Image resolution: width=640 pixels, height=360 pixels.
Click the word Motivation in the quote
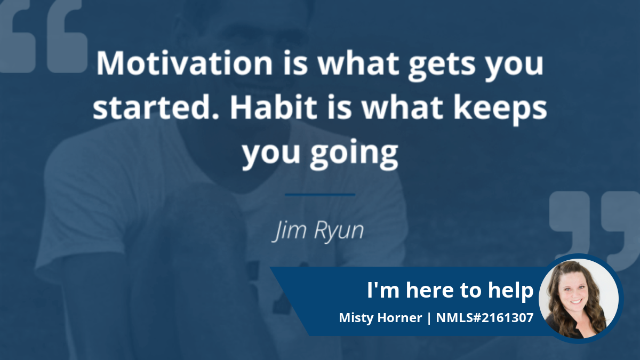pyautogui.click(x=185, y=63)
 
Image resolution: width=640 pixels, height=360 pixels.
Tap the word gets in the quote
pyautogui.click(x=442, y=66)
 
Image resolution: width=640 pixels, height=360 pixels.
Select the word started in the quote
pyautogui.click(x=156, y=107)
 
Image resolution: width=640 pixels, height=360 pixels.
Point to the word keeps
pyautogui.click(x=500, y=109)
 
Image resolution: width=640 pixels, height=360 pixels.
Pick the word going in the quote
pyautogui.click(x=354, y=154)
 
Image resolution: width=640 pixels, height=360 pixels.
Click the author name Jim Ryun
pyautogui.click(x=318, y=231)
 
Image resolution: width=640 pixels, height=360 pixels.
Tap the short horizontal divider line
pyautogui.click(x=320, y=195)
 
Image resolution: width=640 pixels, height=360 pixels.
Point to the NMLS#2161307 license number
pyautogui.click(x=485, y=318)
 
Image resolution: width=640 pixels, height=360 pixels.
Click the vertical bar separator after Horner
pyautogui.click(x=429, y=318)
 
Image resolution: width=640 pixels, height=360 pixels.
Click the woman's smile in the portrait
pyautogui.click(x=576, y=301)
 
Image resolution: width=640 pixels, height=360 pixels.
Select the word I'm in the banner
pyautogui.click(x=383, y=290)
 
